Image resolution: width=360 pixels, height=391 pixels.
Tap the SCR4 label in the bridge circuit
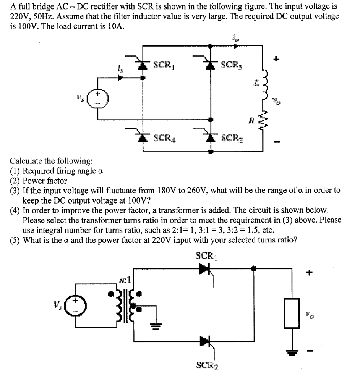point(164,137)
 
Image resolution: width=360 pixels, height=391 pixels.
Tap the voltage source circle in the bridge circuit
point(98,99)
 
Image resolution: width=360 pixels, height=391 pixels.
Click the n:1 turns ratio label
point(125,280)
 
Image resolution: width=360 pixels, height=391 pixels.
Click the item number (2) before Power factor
point(16,181)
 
